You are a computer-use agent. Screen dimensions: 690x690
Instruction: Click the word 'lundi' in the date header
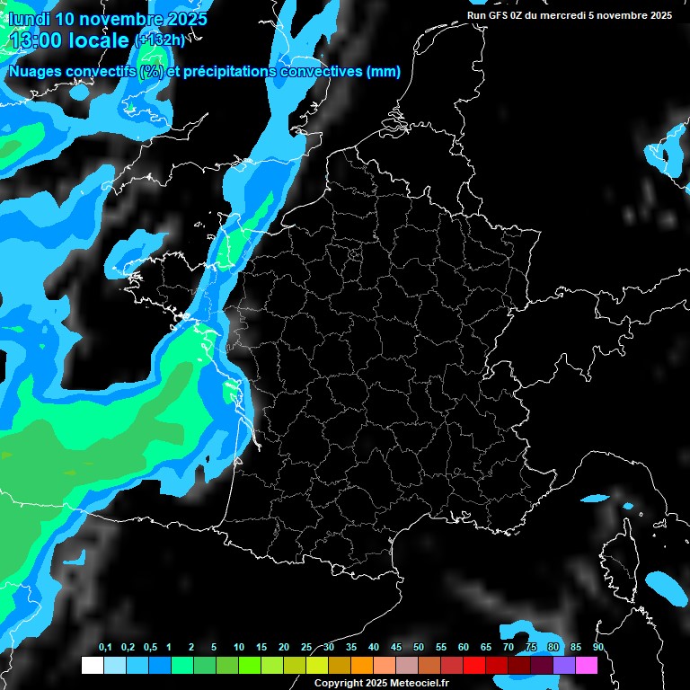(x=29, y=18)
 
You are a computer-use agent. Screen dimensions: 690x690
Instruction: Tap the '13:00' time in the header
(x=37, y=40)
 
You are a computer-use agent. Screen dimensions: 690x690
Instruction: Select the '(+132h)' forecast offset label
(x=160, y=40)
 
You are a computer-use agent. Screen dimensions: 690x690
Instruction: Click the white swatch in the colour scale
(x=92, y=665)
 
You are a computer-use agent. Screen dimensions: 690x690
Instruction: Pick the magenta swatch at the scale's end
(x=587, y=665)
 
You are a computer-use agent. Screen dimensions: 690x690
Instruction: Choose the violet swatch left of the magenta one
(x=564, y=665)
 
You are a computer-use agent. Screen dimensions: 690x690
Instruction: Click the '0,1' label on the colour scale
(x=105, y=648)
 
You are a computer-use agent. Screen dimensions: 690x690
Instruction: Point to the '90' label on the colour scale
(x=598, y=648)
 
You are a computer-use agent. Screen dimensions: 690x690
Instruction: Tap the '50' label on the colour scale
(x=419, y=648)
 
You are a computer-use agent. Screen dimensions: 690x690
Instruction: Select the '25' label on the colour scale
(x=306, y=648)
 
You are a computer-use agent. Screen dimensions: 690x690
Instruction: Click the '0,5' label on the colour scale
(x=150, y=648)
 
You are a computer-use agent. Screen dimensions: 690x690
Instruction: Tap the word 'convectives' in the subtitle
(x=318, y=72)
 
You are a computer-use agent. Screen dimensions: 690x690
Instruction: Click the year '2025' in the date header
(x=183, y=18)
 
